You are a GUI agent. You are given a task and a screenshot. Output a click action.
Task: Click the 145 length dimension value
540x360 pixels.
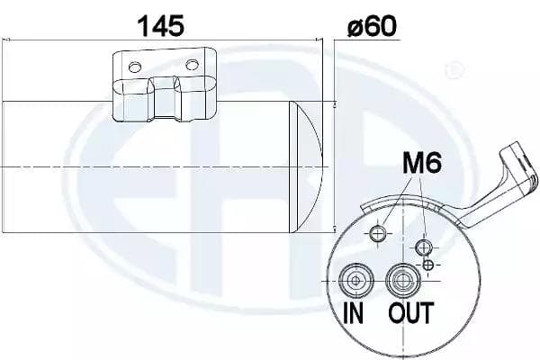[161, 25]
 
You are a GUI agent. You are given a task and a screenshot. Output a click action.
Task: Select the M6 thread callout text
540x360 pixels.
[422, 163]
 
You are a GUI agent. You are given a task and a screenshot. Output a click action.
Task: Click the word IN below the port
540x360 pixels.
[354, 313]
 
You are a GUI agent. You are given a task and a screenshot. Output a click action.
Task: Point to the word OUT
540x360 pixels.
[410, 313]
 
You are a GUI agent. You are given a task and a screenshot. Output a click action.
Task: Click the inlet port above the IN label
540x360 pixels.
[355, 281]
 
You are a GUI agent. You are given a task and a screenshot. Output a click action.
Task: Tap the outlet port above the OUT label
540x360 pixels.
[402, 281]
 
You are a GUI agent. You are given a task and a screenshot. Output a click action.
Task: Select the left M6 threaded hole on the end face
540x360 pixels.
[378, 234]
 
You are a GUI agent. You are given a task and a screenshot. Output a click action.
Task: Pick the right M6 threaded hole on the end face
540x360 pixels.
[424, 247]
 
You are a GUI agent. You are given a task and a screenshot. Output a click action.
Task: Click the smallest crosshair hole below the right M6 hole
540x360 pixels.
[428, 265]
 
